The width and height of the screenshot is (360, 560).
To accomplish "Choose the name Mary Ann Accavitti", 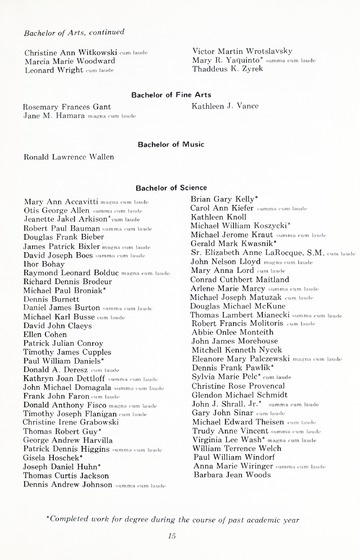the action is click(60, 201).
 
